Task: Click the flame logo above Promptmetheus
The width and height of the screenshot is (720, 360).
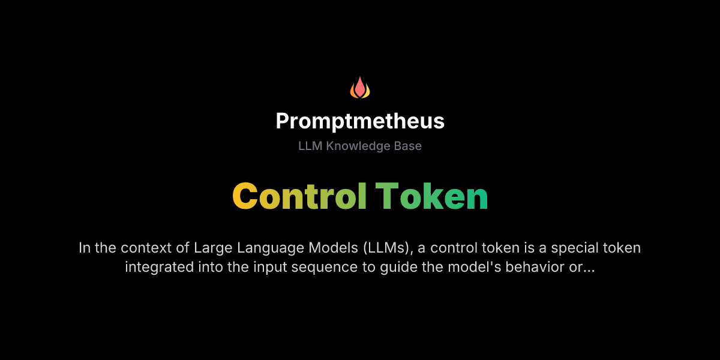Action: pyautogui.click(x=360, y=88)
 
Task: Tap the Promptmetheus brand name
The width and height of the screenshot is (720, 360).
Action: pyautogui.click(x=360, y=121)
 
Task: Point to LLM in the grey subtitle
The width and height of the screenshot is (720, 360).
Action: pyautogui.click(x=310, y=146)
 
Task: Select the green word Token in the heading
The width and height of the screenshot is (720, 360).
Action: pyautogui.click(x=431, y=196)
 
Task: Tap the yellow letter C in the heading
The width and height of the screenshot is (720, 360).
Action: pyautogui.click(x=245, y=196)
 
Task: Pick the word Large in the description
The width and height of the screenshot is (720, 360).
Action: pyautogui.click(x=209, y=248)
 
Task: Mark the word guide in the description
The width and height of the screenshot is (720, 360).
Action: pyautogui.click(x=396, y=267)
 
